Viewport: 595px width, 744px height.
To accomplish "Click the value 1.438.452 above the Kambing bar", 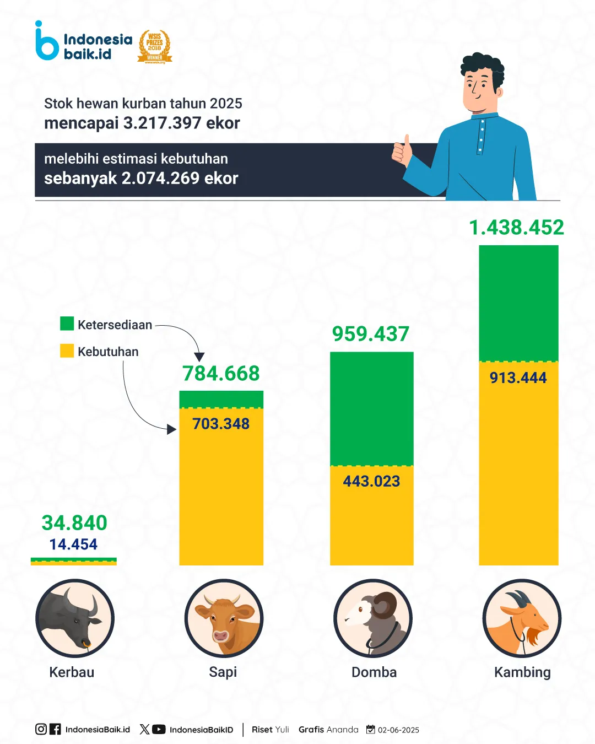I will pyautogui.click(x=516, y=227).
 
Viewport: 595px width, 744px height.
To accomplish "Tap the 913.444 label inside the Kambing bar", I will pyautogui.click(x=518, y=378).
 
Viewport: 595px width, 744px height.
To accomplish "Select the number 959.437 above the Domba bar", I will pyautogui.click(x=371, y=333).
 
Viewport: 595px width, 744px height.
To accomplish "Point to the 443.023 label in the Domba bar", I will pyautogui.click(x=371, y=481).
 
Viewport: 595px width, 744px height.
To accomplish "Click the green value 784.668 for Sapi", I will pyautogui.click(x=221, y=373).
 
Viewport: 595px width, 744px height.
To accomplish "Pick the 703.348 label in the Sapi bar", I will pyautogui.click(x=221, y=423).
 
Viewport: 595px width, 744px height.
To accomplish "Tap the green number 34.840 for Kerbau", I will pyautogui.click(x=74, y=522).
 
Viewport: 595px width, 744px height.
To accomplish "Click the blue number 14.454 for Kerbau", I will pyautogui.click(x=73, y=544).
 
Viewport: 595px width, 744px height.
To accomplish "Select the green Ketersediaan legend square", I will pyautogui.click(x=67, y=324).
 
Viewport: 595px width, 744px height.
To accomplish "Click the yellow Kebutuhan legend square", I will pyautogui.click(x=67, y=351).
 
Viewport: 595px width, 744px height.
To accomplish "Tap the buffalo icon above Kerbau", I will pyautogui.click(x=75, y=618).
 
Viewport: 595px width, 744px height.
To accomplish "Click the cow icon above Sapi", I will pyautogui.click(x=224, y=618).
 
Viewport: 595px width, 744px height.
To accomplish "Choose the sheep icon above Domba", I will pyautogui.click(x=373, y=618).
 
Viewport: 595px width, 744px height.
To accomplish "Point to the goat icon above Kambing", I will pyautogui.click(x=522, y=618).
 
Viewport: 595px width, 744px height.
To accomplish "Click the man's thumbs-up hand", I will pyautogui.click(x=402, y=150).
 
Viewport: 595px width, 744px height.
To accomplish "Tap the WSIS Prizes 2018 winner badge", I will pyautogui.click(x=155, y=47).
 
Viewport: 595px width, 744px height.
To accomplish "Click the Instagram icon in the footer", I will pyautogui.click(x=41, y=729).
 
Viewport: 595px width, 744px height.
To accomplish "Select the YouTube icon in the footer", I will pyautogui.click(x=159, y=729).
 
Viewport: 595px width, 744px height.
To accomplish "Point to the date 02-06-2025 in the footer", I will pyautogui.click(x=398, y=730).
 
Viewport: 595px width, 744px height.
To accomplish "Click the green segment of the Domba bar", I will pyautogui.click(x=371, y=408).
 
